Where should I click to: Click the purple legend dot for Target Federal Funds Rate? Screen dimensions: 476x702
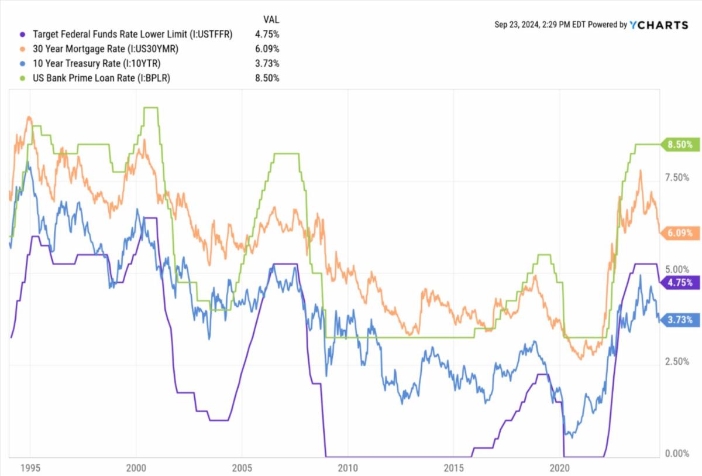point(23,34)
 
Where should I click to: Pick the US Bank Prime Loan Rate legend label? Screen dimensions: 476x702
point(101,78)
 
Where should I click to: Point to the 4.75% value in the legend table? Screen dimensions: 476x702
point(267,34)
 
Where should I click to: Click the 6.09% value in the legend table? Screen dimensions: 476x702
point(267,49)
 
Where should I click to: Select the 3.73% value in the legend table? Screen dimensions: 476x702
point(267,63)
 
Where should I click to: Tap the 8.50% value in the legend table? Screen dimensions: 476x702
point(267,78)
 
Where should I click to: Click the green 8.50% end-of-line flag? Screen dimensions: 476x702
point(680,144)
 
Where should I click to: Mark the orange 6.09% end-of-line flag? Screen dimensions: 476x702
point(680,232)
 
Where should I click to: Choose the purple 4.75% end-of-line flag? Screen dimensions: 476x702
point(680,282)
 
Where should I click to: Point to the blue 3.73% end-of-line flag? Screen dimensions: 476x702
point(680,320)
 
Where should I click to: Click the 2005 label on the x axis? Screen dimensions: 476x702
point(242,468)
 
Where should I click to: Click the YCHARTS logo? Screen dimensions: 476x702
point(659,25)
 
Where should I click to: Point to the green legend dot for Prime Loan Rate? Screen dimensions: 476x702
point(23,78)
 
